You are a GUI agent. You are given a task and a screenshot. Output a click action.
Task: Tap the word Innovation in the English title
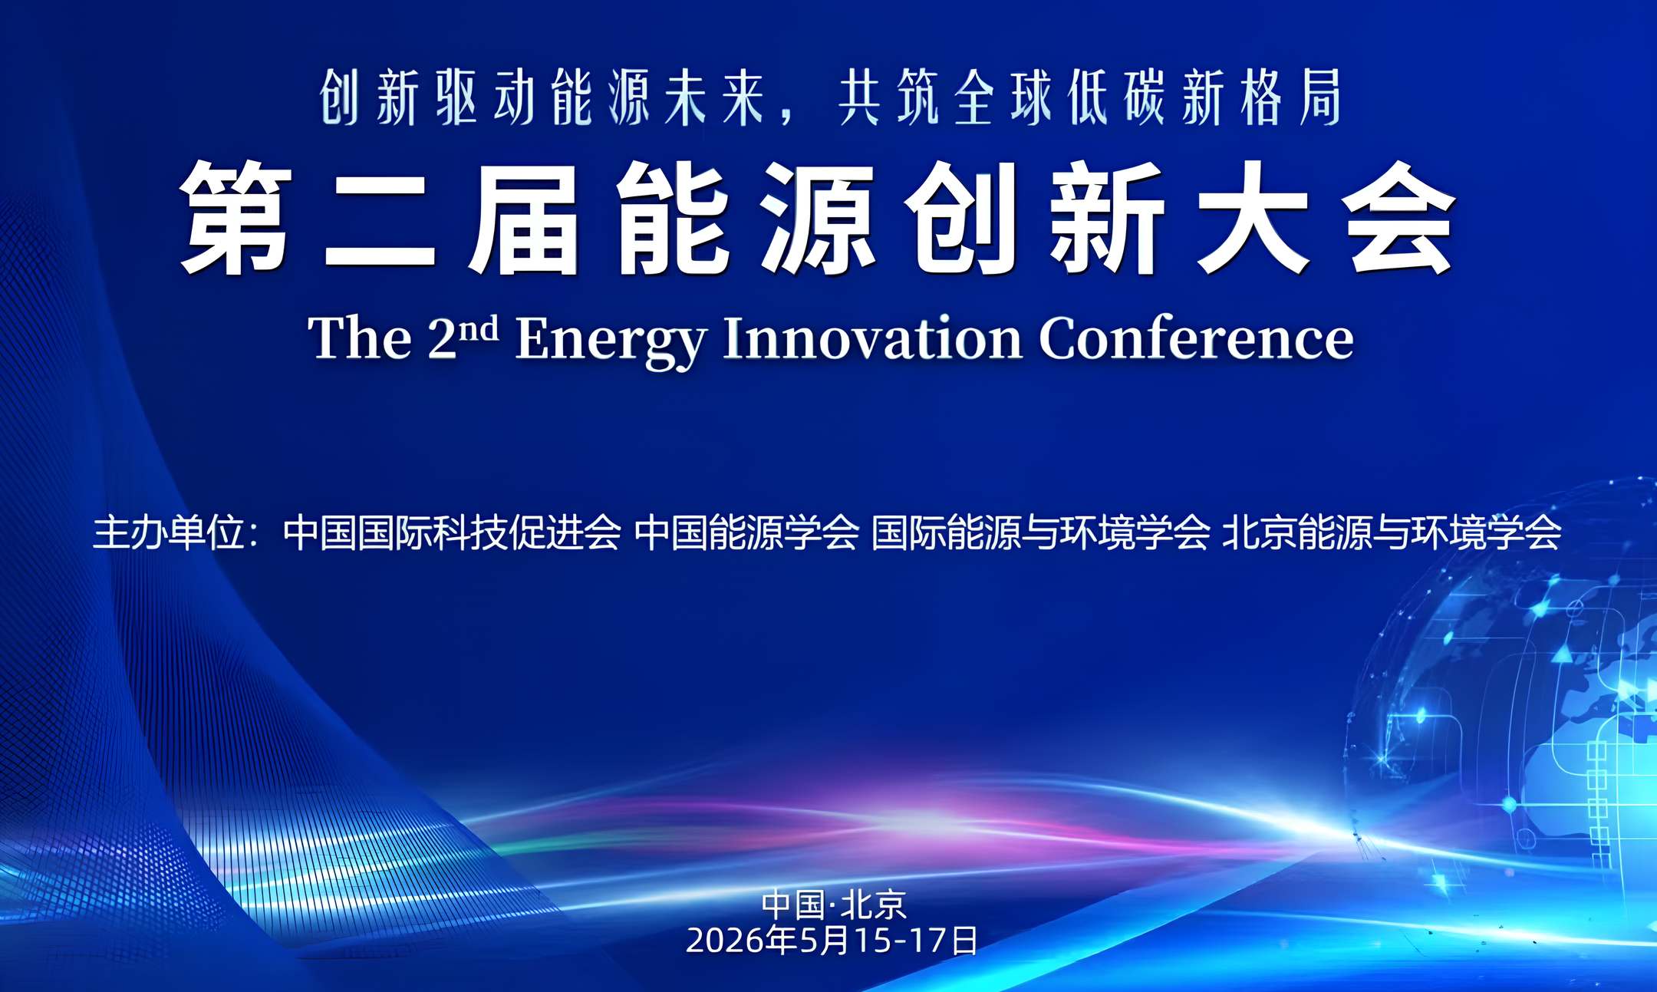pos(872,338)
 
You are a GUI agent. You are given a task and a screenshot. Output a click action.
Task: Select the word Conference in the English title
pos(1196,338)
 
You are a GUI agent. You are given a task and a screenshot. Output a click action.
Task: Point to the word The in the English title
pos(360,338)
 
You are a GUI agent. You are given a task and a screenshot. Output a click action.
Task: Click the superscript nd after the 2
pos(479,328)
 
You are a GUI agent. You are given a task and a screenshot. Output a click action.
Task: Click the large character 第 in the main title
pos(236,217)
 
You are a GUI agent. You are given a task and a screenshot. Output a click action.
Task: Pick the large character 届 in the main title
pos(525,218)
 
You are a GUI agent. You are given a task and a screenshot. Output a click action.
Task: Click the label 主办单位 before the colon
pos(169,532)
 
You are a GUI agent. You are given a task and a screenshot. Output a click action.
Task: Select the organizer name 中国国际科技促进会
pos(452,532)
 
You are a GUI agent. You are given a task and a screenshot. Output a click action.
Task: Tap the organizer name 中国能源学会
pos(746,532)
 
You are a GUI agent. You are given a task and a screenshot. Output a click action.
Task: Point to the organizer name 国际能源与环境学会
pos(1040,532)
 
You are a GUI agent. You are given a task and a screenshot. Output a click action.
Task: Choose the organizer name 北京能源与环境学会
pos(1392,532)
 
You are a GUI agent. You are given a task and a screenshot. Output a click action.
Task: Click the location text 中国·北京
pos(834,905)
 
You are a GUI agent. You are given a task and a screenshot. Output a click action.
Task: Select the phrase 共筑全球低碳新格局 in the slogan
pos(1090,97)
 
